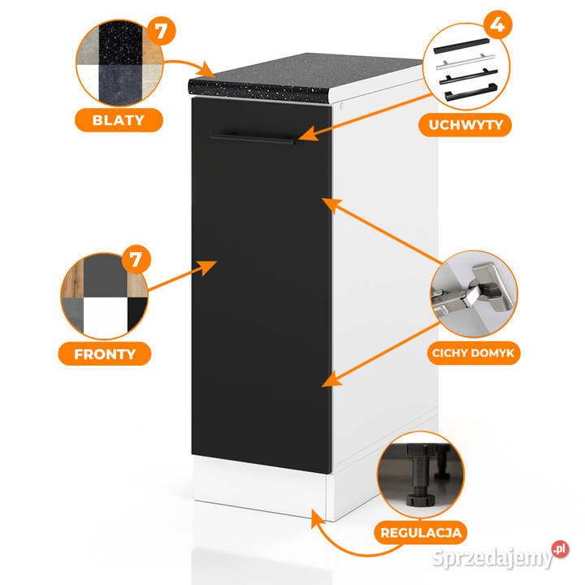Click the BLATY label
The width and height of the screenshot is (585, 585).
pos(119,120)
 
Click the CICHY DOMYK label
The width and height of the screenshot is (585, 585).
pos(476,353)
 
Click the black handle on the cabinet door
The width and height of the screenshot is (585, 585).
pos(252,138)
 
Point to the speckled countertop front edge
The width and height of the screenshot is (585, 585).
pos(260,87)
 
